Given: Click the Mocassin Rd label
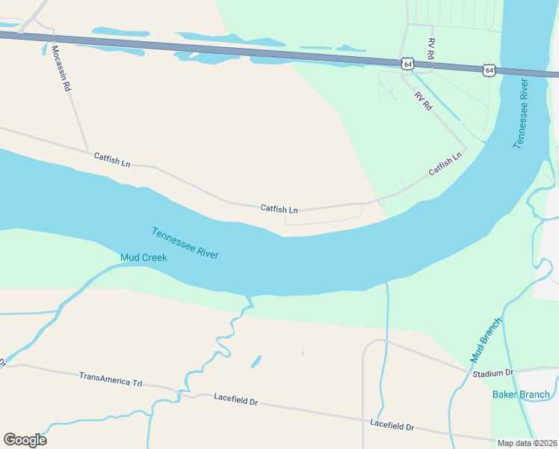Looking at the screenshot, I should [61, 69].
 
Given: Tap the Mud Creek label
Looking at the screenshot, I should [143, 258].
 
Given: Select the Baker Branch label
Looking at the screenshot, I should [521, 394].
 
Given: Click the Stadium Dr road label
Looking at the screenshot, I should [493, 373].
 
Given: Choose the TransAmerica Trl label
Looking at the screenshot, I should [111, 379].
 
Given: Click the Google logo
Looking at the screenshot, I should [25, 440].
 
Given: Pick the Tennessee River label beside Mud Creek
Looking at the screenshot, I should [185, 243].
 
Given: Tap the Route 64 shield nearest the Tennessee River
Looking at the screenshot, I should [489, 70].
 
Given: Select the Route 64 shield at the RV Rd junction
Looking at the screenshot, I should [407, 64].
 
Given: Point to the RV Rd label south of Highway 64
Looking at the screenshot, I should [423, 100].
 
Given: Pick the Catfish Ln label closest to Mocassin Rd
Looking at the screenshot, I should [112, 159].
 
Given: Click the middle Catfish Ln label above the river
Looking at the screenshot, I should [279, 210].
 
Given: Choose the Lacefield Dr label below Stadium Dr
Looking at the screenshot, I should [392, 424].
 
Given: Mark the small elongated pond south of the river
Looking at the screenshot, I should [256, 361].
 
